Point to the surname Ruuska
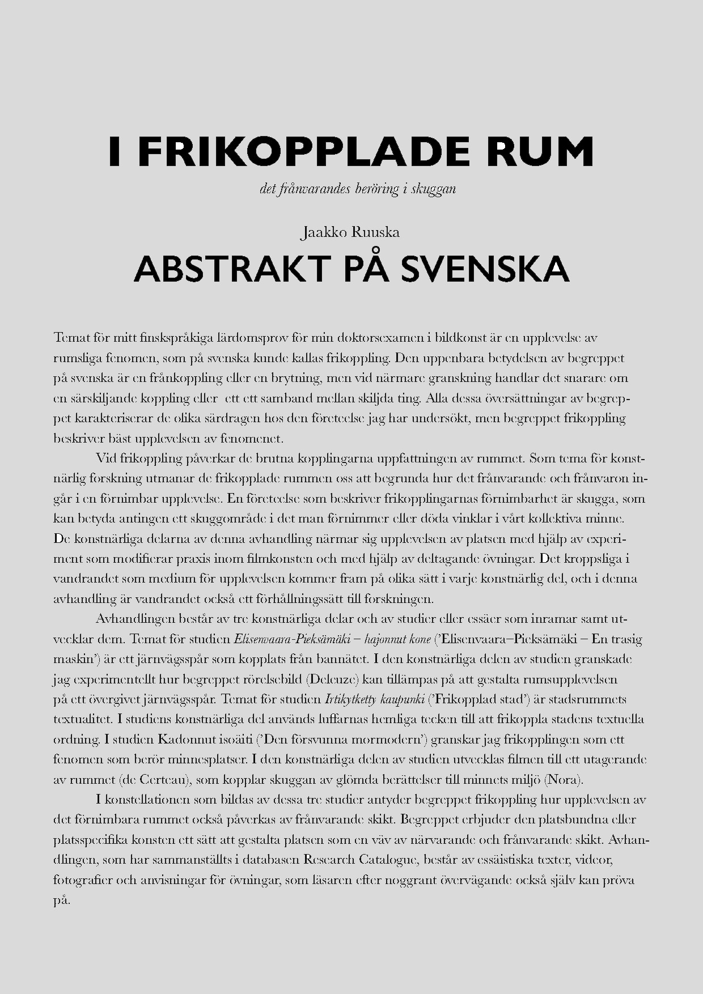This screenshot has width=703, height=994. [x=376, y=232]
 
